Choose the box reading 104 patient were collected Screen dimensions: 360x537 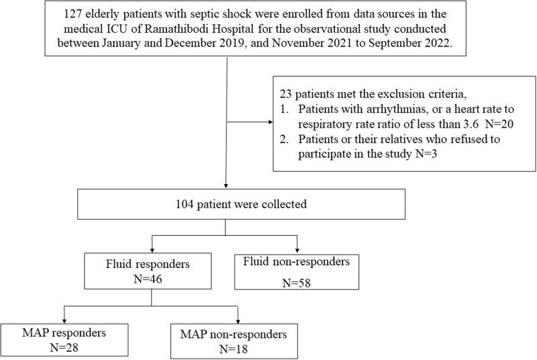coord(226,202)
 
